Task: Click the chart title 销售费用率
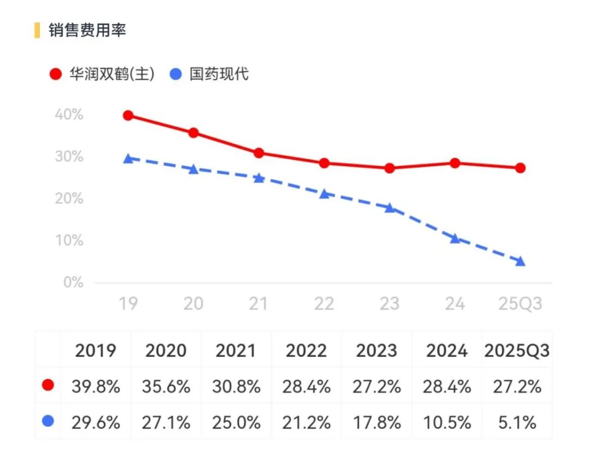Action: (87, 30)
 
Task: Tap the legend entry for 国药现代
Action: (209, 74)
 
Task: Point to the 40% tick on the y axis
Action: (69, 115)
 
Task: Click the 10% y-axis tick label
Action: (69, 241)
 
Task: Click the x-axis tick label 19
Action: (128, 303)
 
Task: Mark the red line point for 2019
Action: (128, 115)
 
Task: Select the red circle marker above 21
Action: (259, 153)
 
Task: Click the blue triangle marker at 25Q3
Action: (520, 261)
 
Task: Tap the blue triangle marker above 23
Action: (390, 208)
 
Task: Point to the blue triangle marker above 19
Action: (128, 159)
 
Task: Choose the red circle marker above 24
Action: (455, 163)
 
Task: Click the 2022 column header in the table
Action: (306, 351)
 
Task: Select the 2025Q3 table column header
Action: (516, 351)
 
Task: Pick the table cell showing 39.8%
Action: (95, 387)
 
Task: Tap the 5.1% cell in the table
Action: (516, 422)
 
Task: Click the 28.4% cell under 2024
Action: (447, 387)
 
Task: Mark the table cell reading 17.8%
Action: (376, 422)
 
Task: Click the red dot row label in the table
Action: (48, 386)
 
